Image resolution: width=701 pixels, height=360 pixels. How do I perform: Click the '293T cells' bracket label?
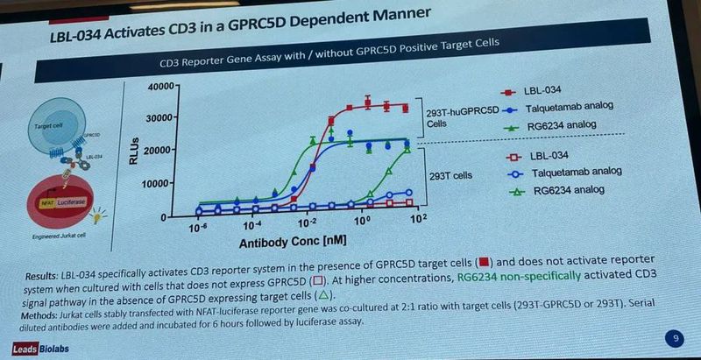(451, 175)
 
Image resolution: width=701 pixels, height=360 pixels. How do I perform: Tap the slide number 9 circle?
(674, 337)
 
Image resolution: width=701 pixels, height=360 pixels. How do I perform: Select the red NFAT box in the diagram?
(51, 201)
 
